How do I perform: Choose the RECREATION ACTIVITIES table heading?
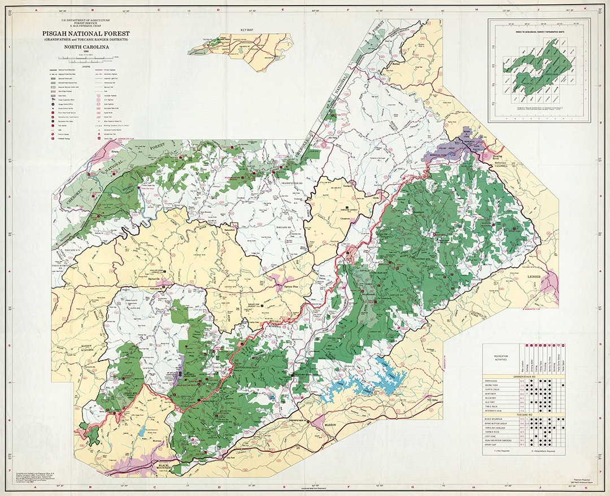(500, 358)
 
